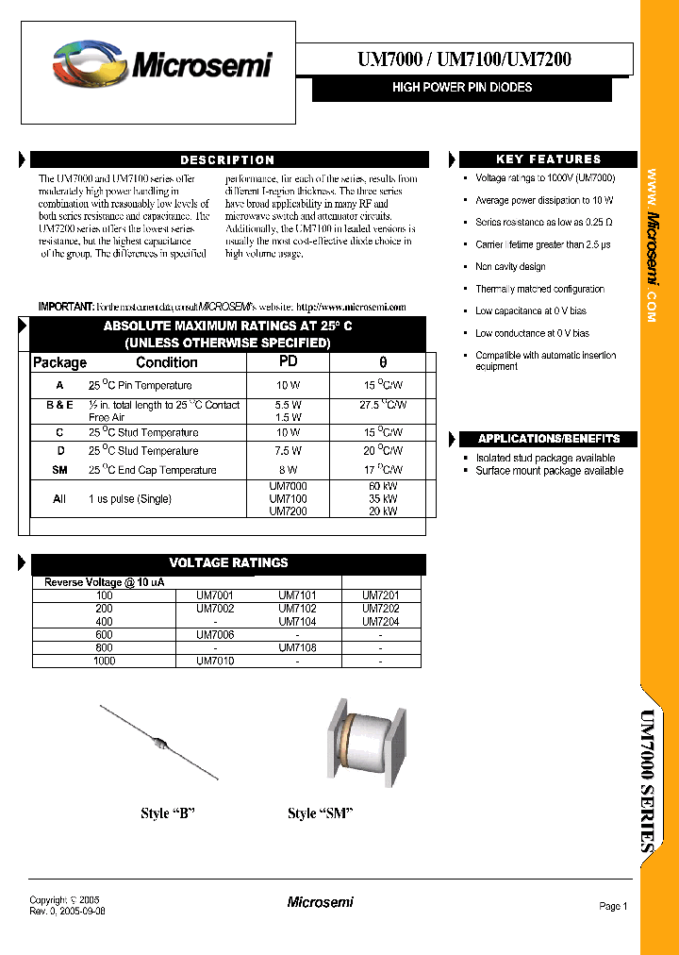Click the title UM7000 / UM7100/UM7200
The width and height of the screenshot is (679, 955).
click(464, 59)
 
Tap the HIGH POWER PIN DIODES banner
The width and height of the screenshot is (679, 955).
click(462, 88)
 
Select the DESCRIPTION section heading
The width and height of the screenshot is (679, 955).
click(228, 160)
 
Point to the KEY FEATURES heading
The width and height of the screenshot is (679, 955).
click(548, 159)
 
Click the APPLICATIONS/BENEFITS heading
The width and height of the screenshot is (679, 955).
click(548, 439)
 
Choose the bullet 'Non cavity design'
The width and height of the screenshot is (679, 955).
click(510, 267)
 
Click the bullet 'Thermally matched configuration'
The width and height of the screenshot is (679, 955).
click(539, 290)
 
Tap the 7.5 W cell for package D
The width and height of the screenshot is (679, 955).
click(289, 451)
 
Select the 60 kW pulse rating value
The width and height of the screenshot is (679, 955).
click(383, 486)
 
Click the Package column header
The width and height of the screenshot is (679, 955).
click(59, 362)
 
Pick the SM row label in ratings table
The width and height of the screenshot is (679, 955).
click(59, 470)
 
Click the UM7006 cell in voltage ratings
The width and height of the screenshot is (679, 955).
click(215, 635)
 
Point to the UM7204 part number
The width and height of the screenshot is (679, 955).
click(380, 622)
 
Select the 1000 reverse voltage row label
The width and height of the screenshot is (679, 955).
click(104, 662)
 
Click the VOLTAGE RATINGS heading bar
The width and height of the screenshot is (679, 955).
click(228, 563)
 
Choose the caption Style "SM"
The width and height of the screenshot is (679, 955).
click(319, 813)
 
